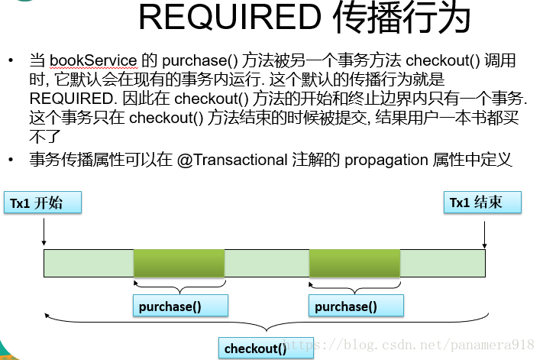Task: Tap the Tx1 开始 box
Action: [44, 203]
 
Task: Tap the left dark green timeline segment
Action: [179, 262]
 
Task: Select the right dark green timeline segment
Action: [354, 262]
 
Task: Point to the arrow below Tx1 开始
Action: [44, 230]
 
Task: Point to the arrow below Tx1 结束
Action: [484, 230]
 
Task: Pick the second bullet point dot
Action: [11, 160]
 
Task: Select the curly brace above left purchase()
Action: [179, 288]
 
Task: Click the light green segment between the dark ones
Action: [267, 262]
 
